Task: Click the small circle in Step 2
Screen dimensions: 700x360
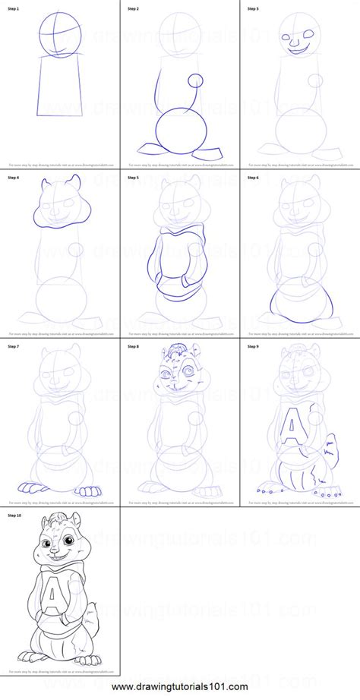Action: click(x=196, y=80)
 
